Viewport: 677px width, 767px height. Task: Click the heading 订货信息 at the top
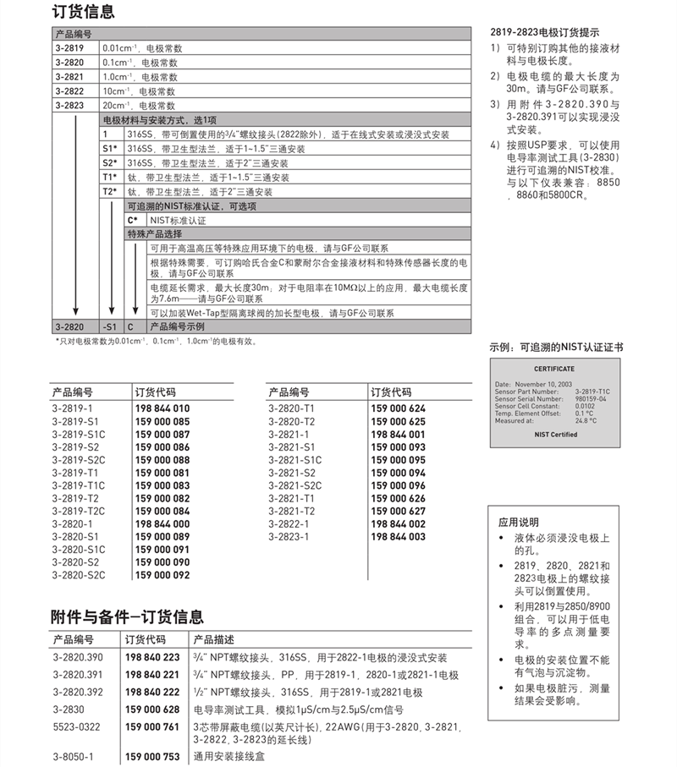click(x=83, y=12)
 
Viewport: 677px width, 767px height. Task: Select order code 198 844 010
click(x=162, y=408)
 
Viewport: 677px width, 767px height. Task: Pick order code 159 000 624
click(x=398, y=408)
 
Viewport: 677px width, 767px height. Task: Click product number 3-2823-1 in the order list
click(x=288, y=536)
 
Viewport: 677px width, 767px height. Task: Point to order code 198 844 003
click(x=398, y=536)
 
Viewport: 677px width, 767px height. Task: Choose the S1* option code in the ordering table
click(x=110, y=149)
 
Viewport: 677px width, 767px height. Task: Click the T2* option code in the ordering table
click(x=110, y=192)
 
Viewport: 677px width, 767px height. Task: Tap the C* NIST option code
click(x=133, y=221)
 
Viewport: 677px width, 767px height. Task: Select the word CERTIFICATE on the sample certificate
click(x=553, y=369)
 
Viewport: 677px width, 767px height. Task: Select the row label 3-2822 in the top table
click(x=69, y=91)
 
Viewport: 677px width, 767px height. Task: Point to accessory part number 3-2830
click(x=67, y=709)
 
